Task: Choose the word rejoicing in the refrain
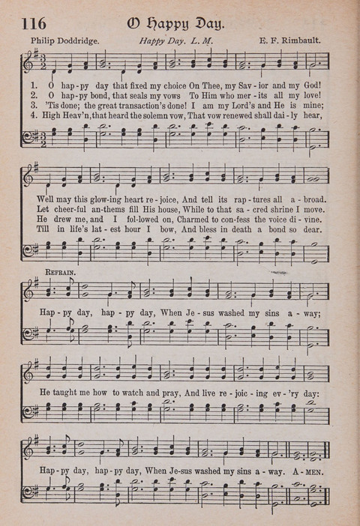tap(244, 391)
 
